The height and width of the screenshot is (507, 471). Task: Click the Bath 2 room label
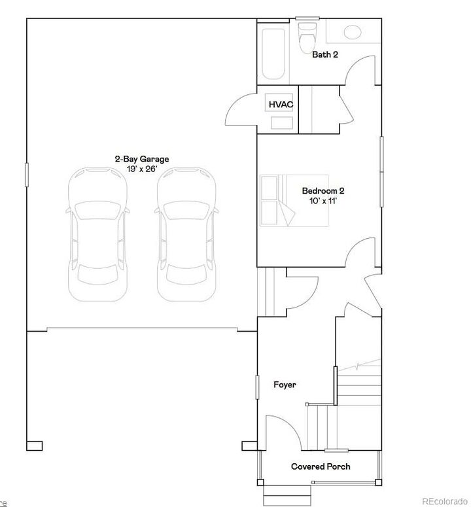pos(324,54)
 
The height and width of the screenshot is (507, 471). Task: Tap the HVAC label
pos(280,105)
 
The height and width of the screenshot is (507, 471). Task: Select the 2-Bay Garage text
pos(142,159)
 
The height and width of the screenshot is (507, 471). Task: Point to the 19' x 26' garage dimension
pos(142,168)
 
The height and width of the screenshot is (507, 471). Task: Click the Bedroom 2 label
pos(323,191)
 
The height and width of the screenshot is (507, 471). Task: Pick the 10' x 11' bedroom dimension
pos(323,201)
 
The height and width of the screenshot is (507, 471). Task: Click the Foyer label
pos(285,385)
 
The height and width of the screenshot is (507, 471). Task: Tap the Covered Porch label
pos(321,466)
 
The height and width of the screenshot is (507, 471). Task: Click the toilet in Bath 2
pos(306,36)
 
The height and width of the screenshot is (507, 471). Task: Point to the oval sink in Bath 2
pos(353,31)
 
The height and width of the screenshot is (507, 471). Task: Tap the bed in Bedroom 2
pos(277,200)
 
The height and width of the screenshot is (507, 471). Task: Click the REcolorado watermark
pos(444,502)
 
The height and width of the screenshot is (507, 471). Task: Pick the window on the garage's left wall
pos(27,175)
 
